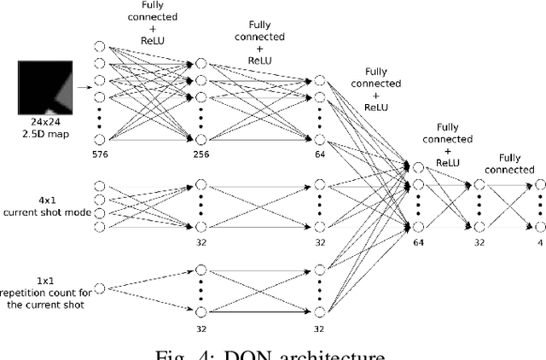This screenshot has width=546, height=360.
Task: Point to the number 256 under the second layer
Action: [200, 154]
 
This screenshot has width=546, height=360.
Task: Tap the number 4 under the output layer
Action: [539, 241]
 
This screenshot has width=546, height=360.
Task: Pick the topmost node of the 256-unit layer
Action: [200, 62]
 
